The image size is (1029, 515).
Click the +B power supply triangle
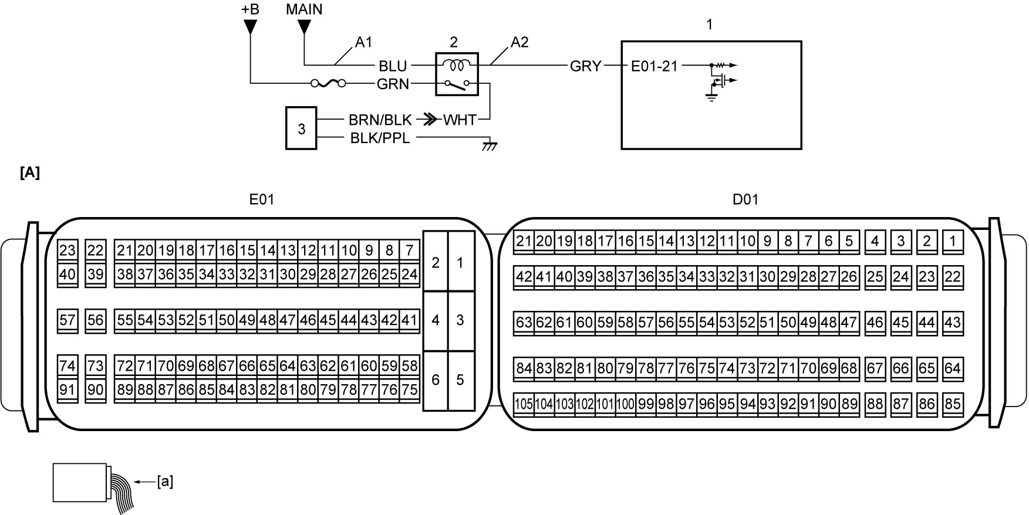click(x=251, y=26)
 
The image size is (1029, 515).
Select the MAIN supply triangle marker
click(x=303, y=26)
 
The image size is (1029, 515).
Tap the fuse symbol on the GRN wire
click(x=328, y=84)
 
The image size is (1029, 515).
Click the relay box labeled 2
click(x=457, y=74)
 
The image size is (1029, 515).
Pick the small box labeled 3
click(x=301, y=128)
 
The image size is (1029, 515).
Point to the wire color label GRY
click(x=585, y=66)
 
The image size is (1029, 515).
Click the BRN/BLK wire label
click(x=380, y=120)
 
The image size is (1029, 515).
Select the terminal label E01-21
click(x=654, y=66)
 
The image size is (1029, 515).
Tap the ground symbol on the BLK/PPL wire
click(x=489, y=144)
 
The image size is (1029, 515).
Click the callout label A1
click(x=363, y=42)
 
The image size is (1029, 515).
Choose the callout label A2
click(x=519, y=42)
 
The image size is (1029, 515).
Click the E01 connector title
click(x=262, y=199)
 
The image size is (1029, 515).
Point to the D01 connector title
click(x=745, y=199)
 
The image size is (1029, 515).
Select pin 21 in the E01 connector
click(x=124, y=251)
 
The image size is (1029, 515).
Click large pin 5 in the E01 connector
click(x=460, y=380)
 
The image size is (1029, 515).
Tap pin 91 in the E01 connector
click(x=68, y=390)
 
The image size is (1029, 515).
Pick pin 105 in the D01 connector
click(x=524, y=404)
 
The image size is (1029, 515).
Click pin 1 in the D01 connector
click(x=952, y=241)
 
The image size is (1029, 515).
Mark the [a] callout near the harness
click(x=165, y=482)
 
